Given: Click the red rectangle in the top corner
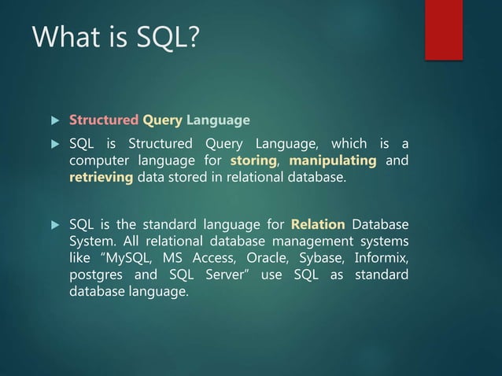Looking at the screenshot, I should point(443,30).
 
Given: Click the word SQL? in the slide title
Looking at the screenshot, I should point(161,37).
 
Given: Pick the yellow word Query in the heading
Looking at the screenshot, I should point(162,120).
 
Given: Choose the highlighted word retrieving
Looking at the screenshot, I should point(102,178).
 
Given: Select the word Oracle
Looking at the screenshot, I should point(268,258).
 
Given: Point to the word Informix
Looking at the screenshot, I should point(382,258).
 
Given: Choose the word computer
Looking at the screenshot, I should point(100,160).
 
